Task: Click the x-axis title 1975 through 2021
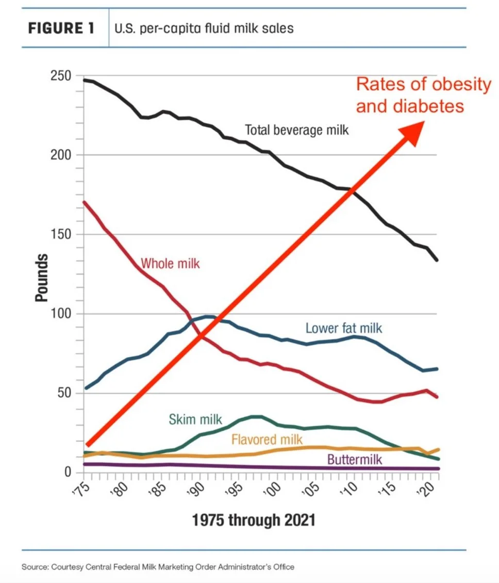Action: click(x=254, y=521)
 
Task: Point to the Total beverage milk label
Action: click(x=296, y=129)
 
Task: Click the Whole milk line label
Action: click(x=170, y=264)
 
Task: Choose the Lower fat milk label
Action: click(x=344, y=328)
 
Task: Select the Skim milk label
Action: click(x=189, y=419)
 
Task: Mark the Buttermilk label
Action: click(x=355, y=459)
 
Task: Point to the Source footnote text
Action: click(x=158, y=567)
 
